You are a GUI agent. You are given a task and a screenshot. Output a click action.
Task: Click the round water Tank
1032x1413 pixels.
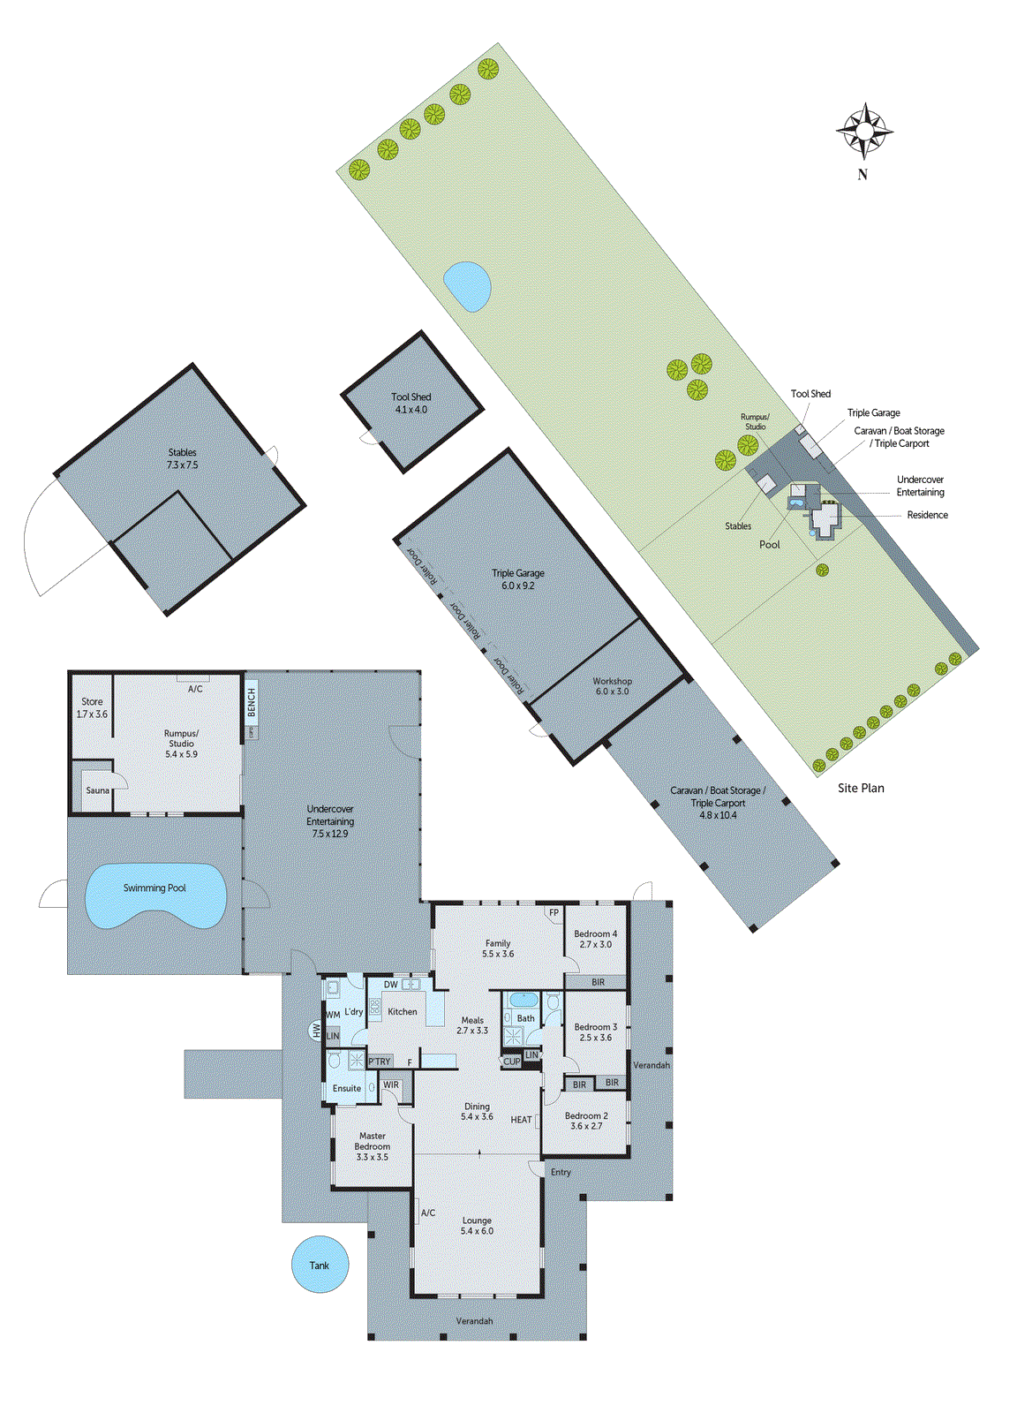(320, 1265)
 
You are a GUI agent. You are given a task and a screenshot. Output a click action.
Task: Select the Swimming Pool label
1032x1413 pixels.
(154, 888)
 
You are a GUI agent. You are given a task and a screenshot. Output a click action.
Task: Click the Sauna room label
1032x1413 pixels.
(97, 790)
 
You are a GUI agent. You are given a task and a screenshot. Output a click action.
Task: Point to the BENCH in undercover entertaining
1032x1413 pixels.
(251, 703)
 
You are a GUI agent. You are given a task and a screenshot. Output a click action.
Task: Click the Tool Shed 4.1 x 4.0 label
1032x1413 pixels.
(411, 404)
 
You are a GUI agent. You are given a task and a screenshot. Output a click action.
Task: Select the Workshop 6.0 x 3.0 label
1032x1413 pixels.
(612, 686)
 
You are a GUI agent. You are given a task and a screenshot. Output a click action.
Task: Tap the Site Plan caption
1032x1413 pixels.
(861, 788)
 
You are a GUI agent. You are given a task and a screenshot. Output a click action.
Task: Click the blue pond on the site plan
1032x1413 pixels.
(467, 285)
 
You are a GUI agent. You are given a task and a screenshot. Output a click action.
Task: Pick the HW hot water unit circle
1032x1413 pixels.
(315, 1030)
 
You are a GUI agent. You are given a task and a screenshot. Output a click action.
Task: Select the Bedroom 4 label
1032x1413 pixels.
(596, 939)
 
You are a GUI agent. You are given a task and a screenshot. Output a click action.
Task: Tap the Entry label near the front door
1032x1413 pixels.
(561, 1172)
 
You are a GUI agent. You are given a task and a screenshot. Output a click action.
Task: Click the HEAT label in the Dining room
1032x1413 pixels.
(521, 1120)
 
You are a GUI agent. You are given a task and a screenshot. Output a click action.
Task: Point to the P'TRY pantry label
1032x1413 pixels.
(380, 1062)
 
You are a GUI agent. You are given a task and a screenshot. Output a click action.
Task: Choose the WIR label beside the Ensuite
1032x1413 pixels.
(391, 1085)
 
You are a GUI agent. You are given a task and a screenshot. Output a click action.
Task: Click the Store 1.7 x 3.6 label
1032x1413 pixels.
(92, 707)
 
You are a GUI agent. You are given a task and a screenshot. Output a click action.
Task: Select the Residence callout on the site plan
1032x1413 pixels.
(927, 515)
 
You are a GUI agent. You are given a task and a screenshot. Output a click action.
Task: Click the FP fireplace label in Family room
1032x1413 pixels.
(554, 913)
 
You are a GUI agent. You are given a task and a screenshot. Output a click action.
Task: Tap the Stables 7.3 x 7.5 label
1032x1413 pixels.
(183, 458)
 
